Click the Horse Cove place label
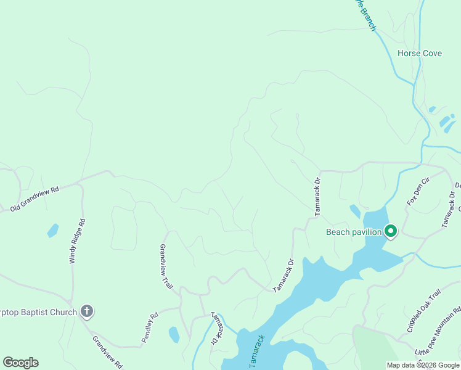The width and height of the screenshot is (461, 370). point(419,54)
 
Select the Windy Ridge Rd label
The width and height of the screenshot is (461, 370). point(76,241)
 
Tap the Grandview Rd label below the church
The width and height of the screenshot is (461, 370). point(108,351)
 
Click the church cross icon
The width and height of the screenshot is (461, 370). point(87,311)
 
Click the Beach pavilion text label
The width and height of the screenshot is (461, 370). point(354,232)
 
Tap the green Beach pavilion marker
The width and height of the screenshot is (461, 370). point(391,231)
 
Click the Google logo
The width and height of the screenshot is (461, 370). point(20,363)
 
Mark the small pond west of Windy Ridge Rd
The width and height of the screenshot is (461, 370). point(52,231)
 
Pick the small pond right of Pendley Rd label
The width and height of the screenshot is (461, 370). point(174,334)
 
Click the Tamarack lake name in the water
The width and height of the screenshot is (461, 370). point(257,351)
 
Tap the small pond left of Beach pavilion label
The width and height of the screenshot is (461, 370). point(355,211)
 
